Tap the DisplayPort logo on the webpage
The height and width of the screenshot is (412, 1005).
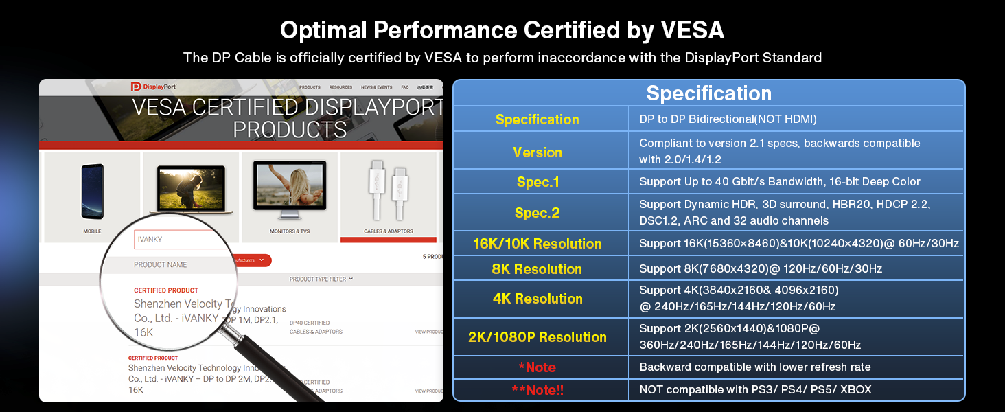point(153,87)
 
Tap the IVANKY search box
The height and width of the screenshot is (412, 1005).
point(180,239)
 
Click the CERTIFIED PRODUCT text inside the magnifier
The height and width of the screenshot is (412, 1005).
point(166,290)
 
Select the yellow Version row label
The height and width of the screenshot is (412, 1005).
point(538,152)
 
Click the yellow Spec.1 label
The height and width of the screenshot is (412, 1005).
point(538,182)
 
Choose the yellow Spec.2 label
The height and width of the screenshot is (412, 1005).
point(538,213)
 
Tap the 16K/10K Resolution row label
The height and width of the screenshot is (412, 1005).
point(538,244)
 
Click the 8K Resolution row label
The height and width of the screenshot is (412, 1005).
point(538,269)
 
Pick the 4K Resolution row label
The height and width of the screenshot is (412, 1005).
point(538,299)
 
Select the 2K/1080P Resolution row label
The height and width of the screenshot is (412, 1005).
point(538,337)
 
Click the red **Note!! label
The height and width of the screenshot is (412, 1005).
point(538,389)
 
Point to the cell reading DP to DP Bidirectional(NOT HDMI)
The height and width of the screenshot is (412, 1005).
point(728,119)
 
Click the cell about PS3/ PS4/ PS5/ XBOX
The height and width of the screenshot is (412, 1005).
point(755,389)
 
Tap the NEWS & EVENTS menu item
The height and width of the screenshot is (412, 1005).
point(376,87)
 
